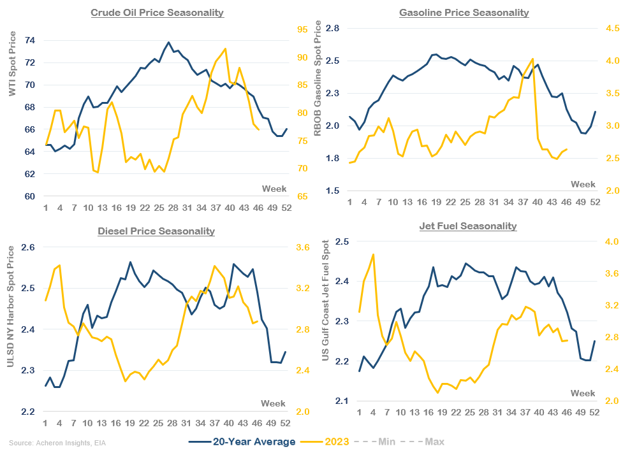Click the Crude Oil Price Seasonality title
point(157,13)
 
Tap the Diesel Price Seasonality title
point(156,231)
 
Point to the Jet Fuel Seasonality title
point(468,226)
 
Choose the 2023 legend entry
point(336,442)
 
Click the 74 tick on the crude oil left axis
point(29,40)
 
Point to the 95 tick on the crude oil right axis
point(302,29)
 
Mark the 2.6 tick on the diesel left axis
point(28,247)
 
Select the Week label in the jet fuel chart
point(583,392)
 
